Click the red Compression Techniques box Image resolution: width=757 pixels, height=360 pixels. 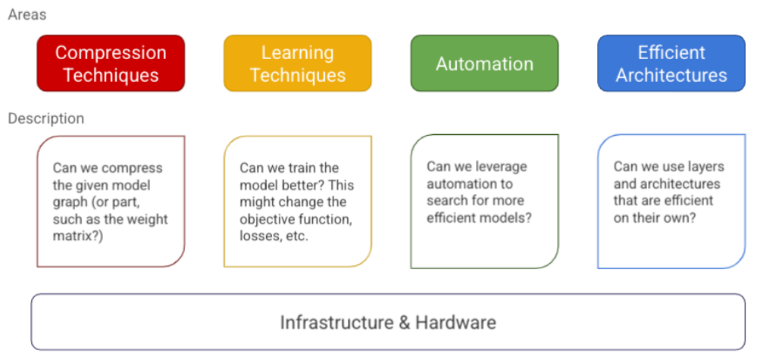(111, 64)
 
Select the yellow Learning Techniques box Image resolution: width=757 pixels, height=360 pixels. (297, 64)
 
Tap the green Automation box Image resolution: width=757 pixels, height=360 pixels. (484, 64)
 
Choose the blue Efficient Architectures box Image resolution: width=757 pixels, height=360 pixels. (671, 64)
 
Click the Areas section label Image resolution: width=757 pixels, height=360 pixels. (27, 14)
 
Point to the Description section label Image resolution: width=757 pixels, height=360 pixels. (45, 119)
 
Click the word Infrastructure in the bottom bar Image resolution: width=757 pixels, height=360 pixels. (336, 322)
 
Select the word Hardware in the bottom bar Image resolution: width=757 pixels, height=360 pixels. (455, 322)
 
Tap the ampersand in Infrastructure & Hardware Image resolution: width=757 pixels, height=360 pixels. (405, 322)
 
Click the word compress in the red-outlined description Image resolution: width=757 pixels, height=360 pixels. (134, 168)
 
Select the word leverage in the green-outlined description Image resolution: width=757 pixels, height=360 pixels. (499, 167)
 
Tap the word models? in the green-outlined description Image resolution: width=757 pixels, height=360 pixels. (505, 218)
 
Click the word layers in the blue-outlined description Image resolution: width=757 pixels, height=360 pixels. (705, 167)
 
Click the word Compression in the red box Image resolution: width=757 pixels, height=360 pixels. (111, 53)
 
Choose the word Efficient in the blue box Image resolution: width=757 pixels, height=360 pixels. (671, 53)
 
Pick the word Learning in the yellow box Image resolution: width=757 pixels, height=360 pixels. (297, 53)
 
